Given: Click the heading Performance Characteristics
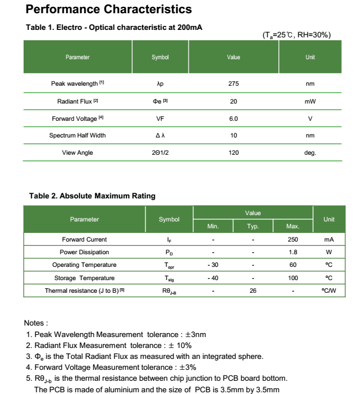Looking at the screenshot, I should tap(109, 10).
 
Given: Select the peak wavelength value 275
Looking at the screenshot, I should tap(233, 83).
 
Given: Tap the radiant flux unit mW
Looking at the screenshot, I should tap(310, 101).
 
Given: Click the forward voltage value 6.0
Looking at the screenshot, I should tap(233, 118).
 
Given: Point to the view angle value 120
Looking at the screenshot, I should tap(233, 153).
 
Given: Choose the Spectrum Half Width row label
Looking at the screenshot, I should tap(78, 136).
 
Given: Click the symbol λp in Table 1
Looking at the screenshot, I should tap(160, 83).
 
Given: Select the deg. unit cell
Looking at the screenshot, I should tap(310, 153).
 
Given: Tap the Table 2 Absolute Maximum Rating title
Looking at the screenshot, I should tap(92, 196).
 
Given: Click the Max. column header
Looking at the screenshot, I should tap(293, 227).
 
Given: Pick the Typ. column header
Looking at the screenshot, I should tap(253, 227).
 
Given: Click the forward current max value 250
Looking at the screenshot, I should tap(293, 239).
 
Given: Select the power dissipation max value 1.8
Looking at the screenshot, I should tap(293, 252).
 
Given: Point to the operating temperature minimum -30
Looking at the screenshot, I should tap(212, 265).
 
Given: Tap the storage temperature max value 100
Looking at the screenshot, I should tap(293, 278).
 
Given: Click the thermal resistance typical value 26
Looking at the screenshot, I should tap(253, 290).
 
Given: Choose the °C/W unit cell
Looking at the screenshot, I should tap(329, 290).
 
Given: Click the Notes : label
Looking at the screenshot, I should tap(36, 323).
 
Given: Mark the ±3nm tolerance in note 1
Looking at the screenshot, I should tap(193, 334).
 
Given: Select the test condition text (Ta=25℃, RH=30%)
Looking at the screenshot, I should tap(296, 35).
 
